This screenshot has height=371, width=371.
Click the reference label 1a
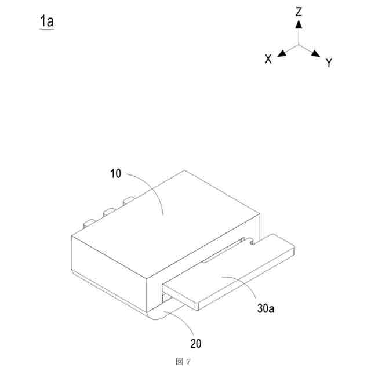(46, 21)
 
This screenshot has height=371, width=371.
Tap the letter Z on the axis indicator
(299, 12)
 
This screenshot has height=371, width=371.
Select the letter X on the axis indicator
(268, 59)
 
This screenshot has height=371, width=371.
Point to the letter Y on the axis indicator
(329, 63)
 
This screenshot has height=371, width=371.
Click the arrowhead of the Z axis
(299, 24)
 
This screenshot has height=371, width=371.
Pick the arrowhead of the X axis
(282, 54)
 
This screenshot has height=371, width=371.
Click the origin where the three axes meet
(299, 44)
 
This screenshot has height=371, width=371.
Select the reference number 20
(196, 343)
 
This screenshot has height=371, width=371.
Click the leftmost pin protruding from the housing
(89, 222)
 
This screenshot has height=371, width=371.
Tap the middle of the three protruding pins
(108, 212)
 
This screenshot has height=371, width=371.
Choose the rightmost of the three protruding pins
(128, 202)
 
